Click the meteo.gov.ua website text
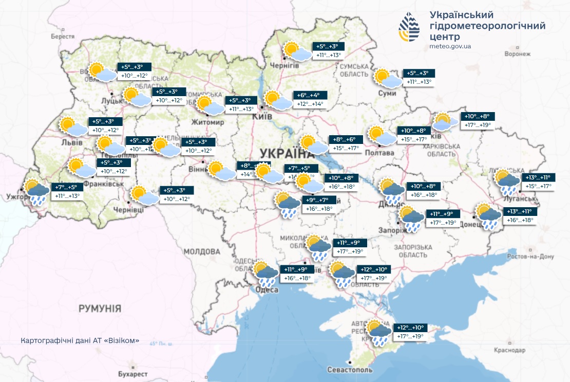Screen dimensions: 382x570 pyautogui.click(x=450, y=46)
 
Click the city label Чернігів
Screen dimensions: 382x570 pyautogui.click(x=284, y=65)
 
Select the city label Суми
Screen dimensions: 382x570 pyautogui.click(x=390, y=93)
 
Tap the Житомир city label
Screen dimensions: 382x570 pyautogui.click(x=207, y=122)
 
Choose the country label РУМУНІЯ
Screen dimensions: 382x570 pyautogui.click(x=100, y=308)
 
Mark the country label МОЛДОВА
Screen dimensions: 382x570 pyautogui.click(x=202, y=252)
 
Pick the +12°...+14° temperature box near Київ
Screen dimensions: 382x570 pyautogui.click(x=310, y=104)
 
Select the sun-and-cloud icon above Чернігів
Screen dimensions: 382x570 pyautogui.click(x=297, y=51)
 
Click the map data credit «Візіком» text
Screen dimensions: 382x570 pyautogui.click(x=80, y=341)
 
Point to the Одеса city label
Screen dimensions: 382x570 pyautogui.click(x=267, y=290)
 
